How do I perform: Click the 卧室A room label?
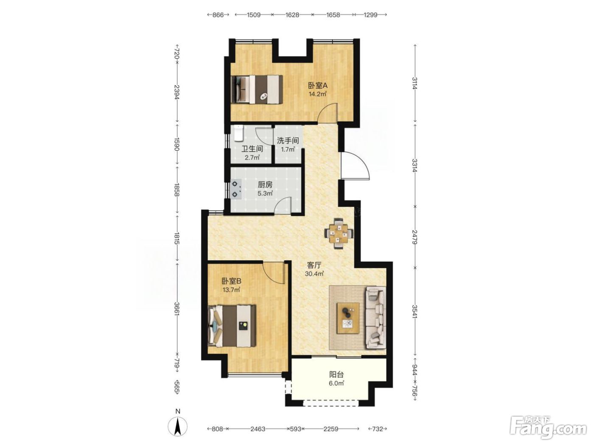pyautogui.click(x=318, y=86)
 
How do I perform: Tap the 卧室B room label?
pyautogui.click(x=231, y=281)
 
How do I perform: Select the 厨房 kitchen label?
pyautogui.click(x=265, y=185)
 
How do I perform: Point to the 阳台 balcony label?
pyautogui.click(x=336, y=375)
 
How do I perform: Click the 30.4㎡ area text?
pyautogui.click(x=314, y=274)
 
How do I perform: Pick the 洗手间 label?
pyautogui.click(x=288, y=141)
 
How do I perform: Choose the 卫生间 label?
pyautogui.click(x=252, y=149)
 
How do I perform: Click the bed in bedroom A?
pyautogui.click(x=258, y=89)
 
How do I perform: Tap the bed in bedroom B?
pyautogui.click(x=232, y=326)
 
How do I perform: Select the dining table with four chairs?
pyautogui.click(x=339, y=233)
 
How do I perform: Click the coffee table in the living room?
pyautogui.click(x=348, y=318)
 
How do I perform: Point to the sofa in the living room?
pyautogui.click(x=375, y=318)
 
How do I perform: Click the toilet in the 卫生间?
pyautogui.click(x=239, y=133)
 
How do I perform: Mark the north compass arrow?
pyautogui.click(x=177, y=428)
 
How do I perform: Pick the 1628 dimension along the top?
pyautogui.click(x=292, y=14)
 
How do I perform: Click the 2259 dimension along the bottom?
pyautogui.click(x=331, y=429)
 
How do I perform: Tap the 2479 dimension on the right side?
pyautogui.click(x=415, y=237)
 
